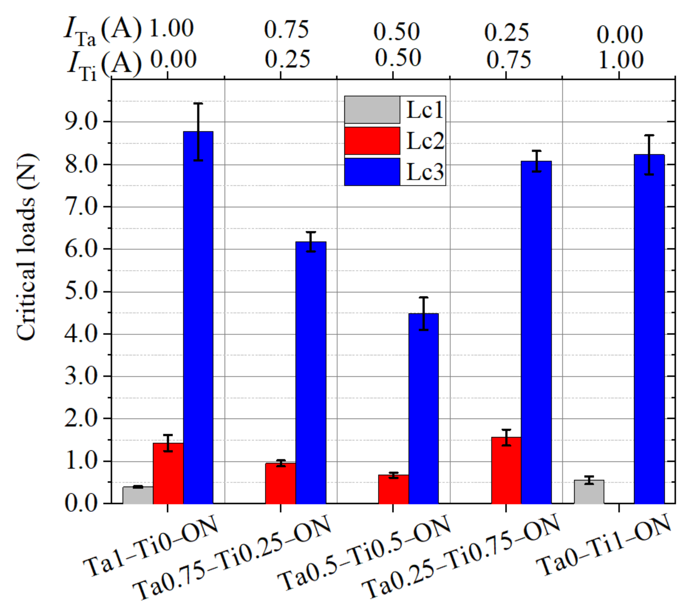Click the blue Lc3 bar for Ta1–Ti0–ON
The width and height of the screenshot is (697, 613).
(x=198, y=318)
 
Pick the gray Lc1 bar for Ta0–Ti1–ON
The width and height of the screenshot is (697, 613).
(x=589, y=492)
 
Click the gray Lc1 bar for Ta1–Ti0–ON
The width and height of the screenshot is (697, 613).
(x=138, y=495)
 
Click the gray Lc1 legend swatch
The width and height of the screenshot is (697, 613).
(x=372, y=110)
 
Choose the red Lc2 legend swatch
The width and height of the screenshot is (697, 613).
(x=372, y=141)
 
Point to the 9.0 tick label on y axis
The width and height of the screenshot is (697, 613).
(x=81, y=122)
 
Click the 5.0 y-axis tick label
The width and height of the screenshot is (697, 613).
(x=81, y=292)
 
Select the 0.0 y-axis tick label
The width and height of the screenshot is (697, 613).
(x=81, y=504)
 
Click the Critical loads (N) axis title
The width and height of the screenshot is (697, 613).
(x=27, y=247)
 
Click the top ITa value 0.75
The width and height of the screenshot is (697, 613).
(x=286, y=30)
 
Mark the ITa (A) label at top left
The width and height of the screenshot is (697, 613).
(x=102, y=31)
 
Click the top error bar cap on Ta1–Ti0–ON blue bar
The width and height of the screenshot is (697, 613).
(x=198, y=104)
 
